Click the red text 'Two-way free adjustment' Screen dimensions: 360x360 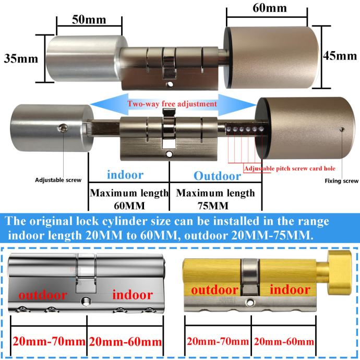click(x=173, y=104)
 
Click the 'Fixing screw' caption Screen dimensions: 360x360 click(x=342, y=181)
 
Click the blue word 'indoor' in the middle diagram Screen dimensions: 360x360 click(x=124, y=174)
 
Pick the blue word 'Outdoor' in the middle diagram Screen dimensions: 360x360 click(x=217, y=176)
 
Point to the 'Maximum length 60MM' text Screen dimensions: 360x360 click(x=129, y=199)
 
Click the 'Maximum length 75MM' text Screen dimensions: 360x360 click(x=215, y=199)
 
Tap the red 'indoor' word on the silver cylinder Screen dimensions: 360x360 click(x=133, y=295)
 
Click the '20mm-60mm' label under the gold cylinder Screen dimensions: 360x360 click(x=283, y=342)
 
